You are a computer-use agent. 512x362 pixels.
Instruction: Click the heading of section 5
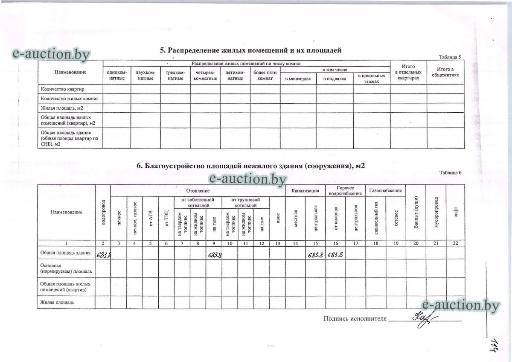(x=250, y=50)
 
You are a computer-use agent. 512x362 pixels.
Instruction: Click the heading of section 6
(x=251, y=166)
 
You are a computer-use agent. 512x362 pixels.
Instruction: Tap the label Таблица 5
(x=450, y=57)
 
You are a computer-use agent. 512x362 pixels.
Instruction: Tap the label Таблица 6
(x=450, y=173)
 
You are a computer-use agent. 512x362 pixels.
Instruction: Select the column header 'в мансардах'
(x=298, y=79)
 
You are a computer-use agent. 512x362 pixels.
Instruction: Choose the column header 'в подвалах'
(x=335, y=79)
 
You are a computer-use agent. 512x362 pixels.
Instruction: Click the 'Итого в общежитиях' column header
(x=445, y=72)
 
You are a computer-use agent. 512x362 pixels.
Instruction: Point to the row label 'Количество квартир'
(x=62, y=89)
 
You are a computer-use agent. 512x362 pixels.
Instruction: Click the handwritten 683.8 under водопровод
(x=104, y=255)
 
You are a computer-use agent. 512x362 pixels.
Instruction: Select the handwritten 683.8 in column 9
(x=214, y=255)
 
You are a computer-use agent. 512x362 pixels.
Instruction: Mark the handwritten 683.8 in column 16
(x=335, y=255)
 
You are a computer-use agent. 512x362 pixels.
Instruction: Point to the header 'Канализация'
(x=305, y=190)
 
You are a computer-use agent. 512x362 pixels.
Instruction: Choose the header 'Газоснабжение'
(x=385, y=190)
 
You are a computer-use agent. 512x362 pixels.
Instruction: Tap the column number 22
(x=455, y=243)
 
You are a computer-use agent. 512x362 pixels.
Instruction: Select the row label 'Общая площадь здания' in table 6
(x=65, y=253)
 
